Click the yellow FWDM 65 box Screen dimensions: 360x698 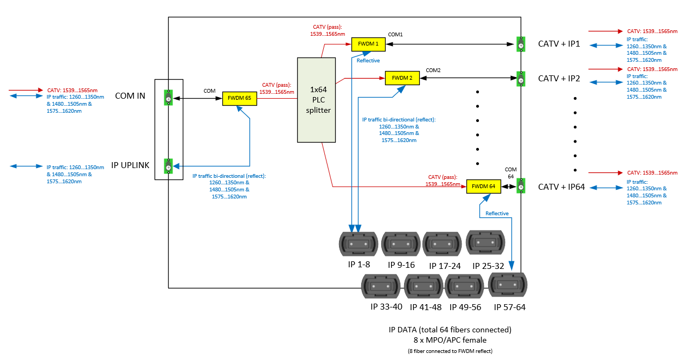[239, 99]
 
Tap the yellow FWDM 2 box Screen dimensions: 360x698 [402, 78]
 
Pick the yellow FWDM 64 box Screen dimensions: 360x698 [483, 187]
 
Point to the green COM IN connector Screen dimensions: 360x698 [169, 98]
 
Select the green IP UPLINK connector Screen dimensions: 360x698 [169, 166]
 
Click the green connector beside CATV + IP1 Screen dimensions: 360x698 [521, 44]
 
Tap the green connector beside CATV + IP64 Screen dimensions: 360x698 [521, 186]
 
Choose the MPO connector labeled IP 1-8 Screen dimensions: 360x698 [358, 245]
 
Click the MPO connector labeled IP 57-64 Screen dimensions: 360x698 [508, 285]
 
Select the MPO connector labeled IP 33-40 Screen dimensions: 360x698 [381, 286]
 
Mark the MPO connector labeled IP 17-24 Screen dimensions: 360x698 [442, 245]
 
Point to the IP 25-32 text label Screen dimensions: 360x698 [488, 266]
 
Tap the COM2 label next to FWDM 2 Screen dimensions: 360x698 [433, 70]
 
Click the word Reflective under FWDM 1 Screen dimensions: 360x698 [368, 61]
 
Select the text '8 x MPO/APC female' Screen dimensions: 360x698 [450, 340]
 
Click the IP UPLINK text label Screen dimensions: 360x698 [130, 165]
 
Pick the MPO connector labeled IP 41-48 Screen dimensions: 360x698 [424, 286]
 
